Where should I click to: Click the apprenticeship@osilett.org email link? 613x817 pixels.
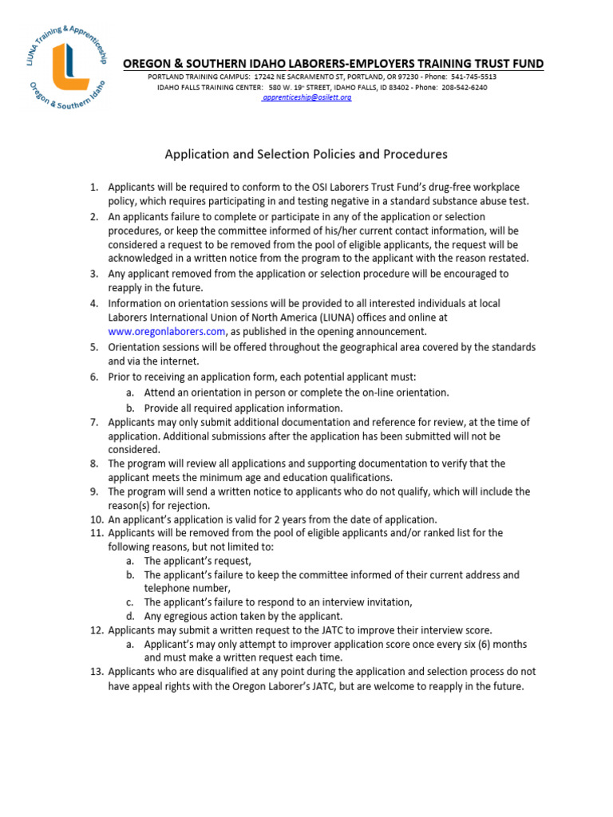(x=307, y=97)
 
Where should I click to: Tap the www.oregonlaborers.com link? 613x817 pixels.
(x=168, y=331)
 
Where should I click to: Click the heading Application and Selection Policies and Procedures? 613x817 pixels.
(x=306, y=154)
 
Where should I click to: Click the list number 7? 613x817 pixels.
(x=93, y=422)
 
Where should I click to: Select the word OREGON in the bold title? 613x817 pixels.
(x=147, y=64)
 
